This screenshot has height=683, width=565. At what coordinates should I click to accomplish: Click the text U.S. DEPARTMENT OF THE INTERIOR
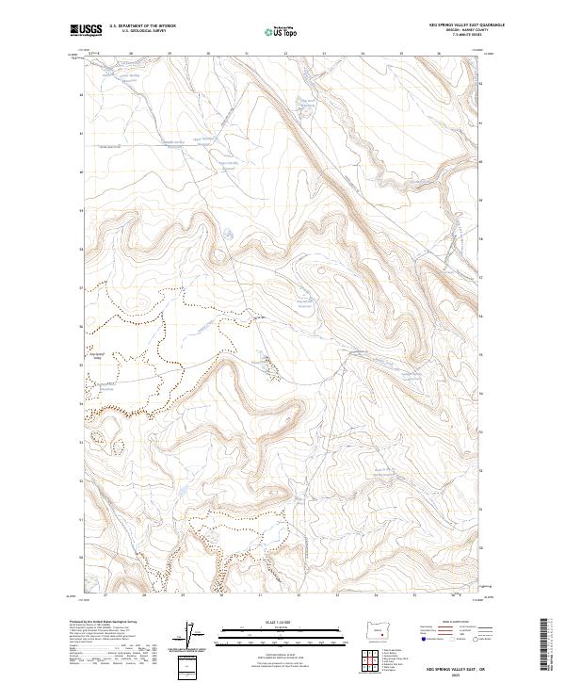pos(142,26)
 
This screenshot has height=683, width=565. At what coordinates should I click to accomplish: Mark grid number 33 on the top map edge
pos(323,55)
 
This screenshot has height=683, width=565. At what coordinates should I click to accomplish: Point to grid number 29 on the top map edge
pos(169,55)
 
